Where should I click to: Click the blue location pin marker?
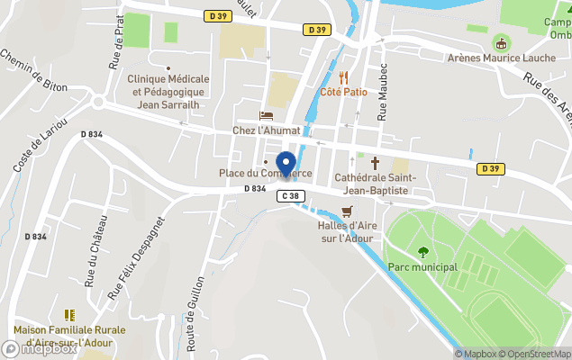(x=286, y=165)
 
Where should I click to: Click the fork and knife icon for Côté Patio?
(x=343, y=76)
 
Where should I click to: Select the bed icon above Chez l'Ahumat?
(x=266, y=115)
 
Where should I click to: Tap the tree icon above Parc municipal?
(x=423, y=252)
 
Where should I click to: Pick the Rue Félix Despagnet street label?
(x=136, y=257)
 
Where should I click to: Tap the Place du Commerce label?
(x=266, y=173)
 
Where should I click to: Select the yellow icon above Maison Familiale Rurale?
(x=69, y=315)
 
